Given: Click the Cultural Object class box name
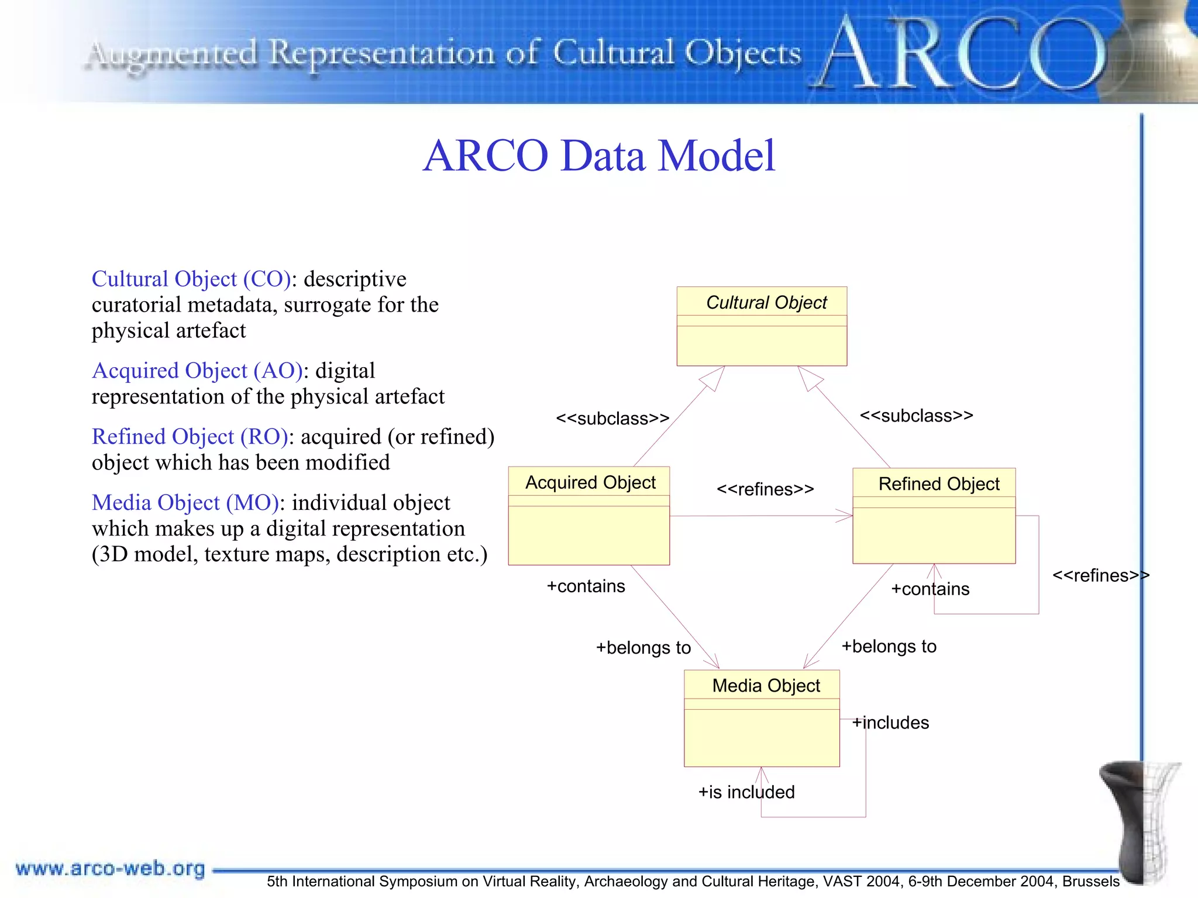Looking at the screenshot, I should tap(766, 302).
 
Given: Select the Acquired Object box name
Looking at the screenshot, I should tap(590, 482).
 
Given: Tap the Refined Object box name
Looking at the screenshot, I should tap(938, 484).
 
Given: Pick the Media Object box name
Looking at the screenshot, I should tap(766, 685).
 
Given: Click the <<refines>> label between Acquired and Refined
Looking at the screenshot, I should tap(765, 489).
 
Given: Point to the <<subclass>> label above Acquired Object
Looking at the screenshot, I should tap(612, 418).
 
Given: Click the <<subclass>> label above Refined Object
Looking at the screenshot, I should tap(916, 416).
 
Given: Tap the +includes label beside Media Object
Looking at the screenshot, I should tap(891, 723).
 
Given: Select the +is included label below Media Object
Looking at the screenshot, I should tap(746, 792).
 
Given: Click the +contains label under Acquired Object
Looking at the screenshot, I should tap(586, 586).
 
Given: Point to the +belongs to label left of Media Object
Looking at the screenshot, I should tap(643, 648).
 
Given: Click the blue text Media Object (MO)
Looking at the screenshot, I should tap(185, 503).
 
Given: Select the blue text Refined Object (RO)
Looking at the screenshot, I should tap(190, 437).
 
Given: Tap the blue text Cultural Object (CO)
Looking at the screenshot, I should tap(191, 279).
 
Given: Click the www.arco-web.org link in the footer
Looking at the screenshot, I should tap(110, 868).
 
